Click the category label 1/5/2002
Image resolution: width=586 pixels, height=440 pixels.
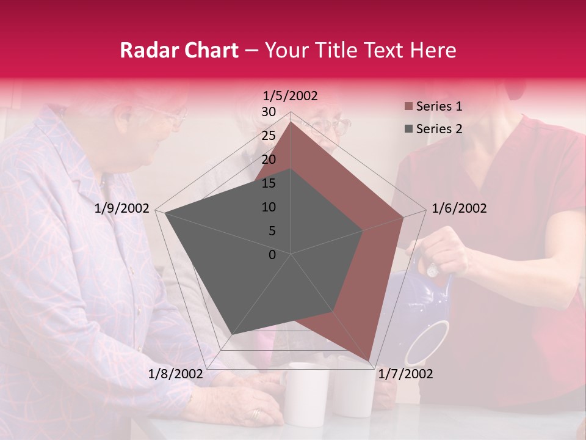point(291,96)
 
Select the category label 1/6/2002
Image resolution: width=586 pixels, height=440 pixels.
point(459,208)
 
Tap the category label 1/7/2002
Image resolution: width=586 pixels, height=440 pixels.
point(405,374)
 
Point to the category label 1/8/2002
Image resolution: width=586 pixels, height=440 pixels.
point(175,374)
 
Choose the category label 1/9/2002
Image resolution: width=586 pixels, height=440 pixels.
point(122,208)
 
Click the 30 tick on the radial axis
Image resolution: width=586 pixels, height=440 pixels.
point(269,112)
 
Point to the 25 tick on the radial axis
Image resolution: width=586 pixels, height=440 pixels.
point(269,136)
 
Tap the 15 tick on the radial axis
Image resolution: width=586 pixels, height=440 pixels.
point(269,183)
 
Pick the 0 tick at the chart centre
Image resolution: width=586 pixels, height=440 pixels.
point(272,255)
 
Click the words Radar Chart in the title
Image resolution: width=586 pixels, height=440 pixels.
point(179,51)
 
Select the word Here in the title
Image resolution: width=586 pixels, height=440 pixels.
point(433,51)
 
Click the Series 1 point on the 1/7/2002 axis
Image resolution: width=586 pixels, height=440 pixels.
point(370,361)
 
